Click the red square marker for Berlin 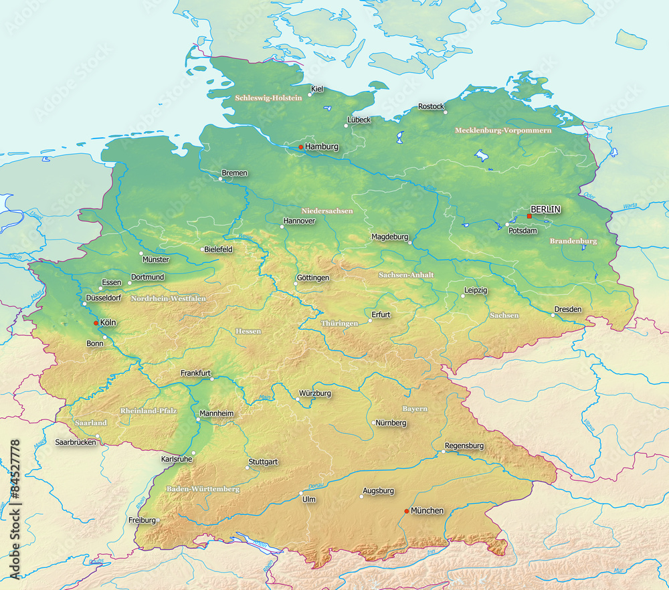pyautogui.click(x=529, y=216)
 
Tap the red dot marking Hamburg pyautogui.click(x=301, y=147)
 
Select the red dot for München pyautogui.click(x=406, y=511)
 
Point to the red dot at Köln pyautogui.click(x=96, y=323)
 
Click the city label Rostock pyautogui.click(x=431, y=106)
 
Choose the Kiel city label pyautogui.click(x=317, y=88)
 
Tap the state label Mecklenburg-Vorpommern pyautogui.click(x=503, y=130)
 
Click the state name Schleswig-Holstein pyautogui.click(x=268, y=98)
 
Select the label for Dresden pyautogui.click(x=567, y=309)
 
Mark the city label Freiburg pyautogui.click(x=142, y=520)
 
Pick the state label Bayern pyautogui.click(x=415, y=409)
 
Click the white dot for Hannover pyautogui.click(x=282, y=227)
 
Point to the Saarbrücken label pyautogui.click(x=75, y=442)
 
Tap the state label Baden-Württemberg pyautogui.click(x=203, y=489)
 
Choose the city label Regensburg pyautogui.click(x=464, y=446)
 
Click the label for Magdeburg pyautogui.click(x=389, y=237)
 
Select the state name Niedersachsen pyautogui.click(x=326, y=211)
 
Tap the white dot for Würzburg pyautogui.click(x=298, y=399)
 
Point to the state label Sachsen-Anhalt pyautogui.click(x=406, y=275)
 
